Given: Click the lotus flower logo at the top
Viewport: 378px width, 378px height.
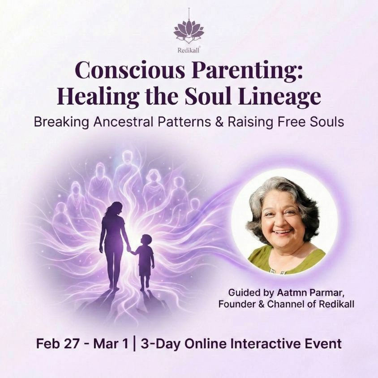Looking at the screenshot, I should tap(189, 30).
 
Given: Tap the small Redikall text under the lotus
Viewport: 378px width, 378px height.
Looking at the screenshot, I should tap(189, 50).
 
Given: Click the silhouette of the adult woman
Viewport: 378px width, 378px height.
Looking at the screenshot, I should tap(114, 242).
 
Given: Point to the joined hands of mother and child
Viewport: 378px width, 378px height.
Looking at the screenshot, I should tap(130, 251).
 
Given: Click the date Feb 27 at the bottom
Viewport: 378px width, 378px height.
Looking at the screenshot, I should tap(56, 344).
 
